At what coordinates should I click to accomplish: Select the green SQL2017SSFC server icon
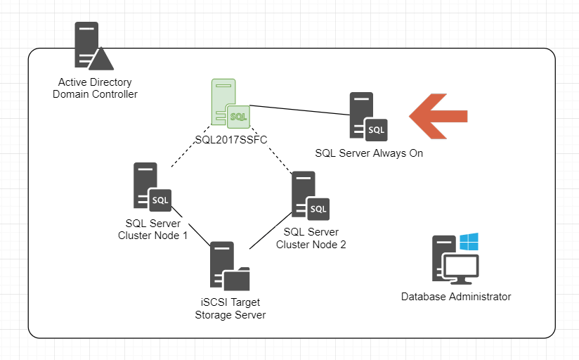(x=230, y=103)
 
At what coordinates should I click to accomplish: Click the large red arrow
(x=438, y=115)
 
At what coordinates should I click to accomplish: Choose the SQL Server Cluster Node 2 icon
(x=310, y=195)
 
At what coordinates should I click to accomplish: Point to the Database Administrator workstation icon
(x=455, y=259)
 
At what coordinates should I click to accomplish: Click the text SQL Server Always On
(x=368, y=153)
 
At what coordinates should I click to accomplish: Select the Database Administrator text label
(x=455, y=297)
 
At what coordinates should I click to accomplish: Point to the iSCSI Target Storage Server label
(x=230, y=309)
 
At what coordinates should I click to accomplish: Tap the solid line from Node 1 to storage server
(x=193, y=226)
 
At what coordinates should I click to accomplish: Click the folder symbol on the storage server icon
(x=236, y=279)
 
